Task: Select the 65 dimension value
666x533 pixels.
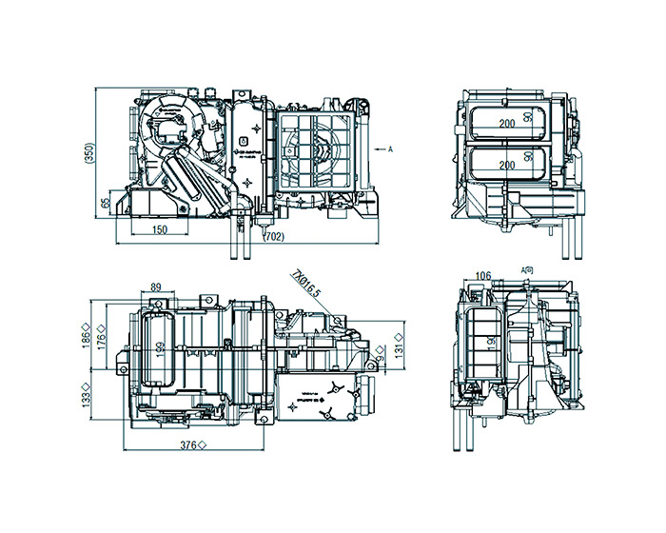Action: click(105, 205)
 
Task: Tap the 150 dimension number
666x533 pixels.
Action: click(159, 229)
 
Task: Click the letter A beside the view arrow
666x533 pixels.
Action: click(390, 148)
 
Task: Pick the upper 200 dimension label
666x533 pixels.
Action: click(506, 124)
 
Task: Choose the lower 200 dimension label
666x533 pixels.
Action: click(506, 166)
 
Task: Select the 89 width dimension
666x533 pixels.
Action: click(155, 287)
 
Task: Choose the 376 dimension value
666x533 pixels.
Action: click(191, 444)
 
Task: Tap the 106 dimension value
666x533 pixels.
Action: click(482, 276)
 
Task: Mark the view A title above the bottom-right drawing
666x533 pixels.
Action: click(527, 270)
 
